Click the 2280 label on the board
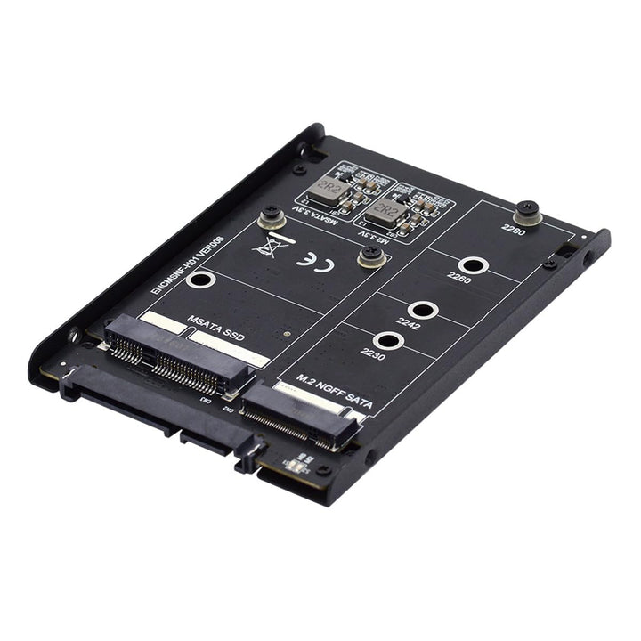click(x=513, y=229)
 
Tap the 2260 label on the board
click(x=460, y=280)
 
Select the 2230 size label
click(x=370, y=353)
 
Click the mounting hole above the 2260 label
click(x=474, y=264)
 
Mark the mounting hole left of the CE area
click(x=201, y=283)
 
